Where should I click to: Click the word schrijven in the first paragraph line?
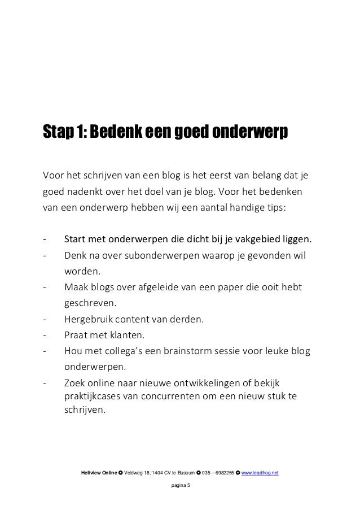coord(99,173)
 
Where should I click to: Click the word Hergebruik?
coord(92,320)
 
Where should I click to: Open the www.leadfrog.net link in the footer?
coord(260,472)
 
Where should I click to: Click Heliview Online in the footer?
coord(99,472)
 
